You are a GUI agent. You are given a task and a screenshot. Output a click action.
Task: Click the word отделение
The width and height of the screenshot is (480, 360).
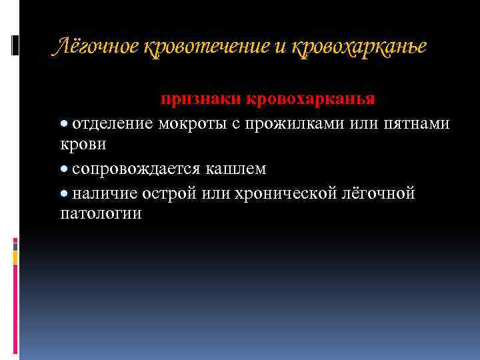click(x=113, y=123)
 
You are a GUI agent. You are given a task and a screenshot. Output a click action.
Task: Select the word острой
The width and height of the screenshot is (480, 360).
click(x=170, y=193)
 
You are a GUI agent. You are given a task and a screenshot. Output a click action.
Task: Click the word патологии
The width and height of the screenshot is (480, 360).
click(x=101, y=214)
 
